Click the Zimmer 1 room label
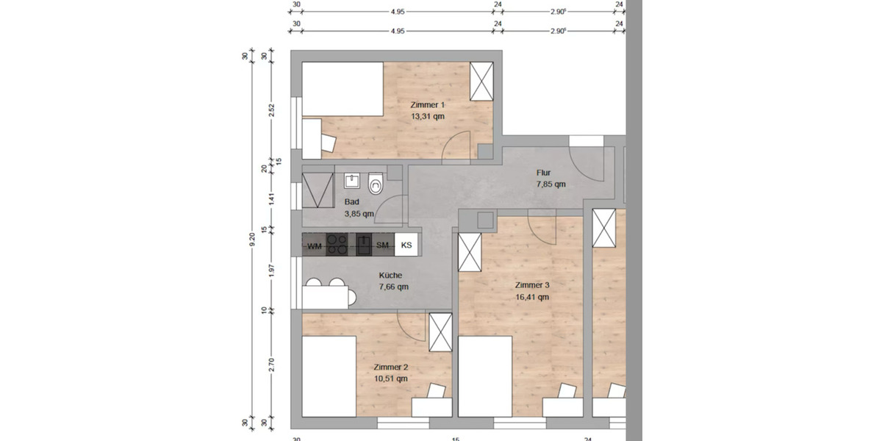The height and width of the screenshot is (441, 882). pos(427,105)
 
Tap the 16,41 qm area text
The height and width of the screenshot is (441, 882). pos(532,298)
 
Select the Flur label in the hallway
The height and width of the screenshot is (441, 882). pos(544,173)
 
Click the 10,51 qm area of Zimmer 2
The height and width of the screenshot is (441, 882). pos(390,379)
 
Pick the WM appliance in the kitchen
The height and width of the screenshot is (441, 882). pos(315,245)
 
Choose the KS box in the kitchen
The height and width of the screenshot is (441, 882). pos(406,245)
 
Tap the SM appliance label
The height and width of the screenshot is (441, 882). pos(382,245)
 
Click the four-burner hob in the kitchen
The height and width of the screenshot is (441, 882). pos(337,244)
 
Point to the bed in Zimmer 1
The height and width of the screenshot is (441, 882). pos(343,89)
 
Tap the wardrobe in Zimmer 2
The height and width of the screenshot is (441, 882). pos(440,332)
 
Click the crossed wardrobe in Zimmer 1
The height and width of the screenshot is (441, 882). pos(481,81)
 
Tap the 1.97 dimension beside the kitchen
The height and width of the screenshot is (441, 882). pos(272,270)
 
